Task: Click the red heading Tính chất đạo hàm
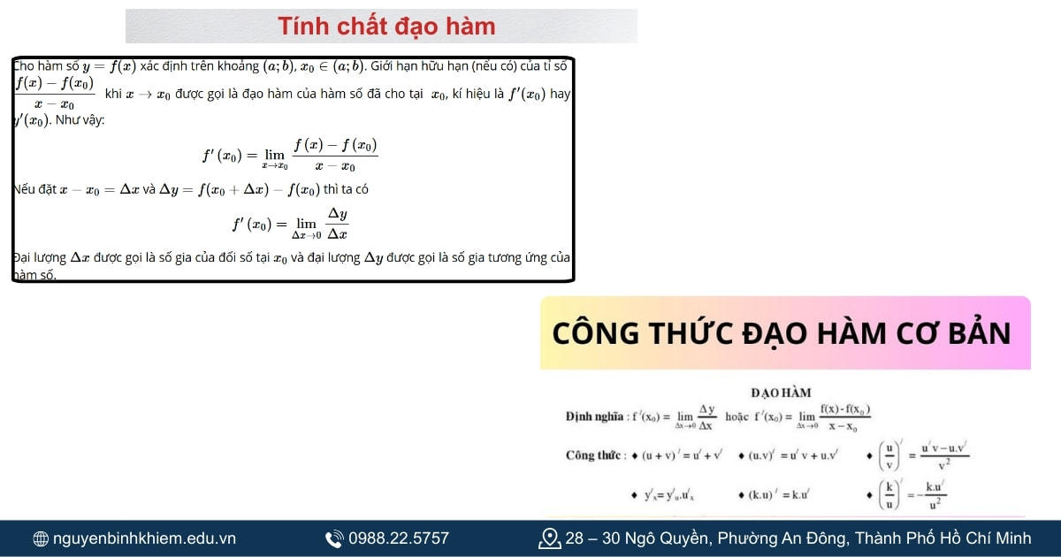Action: [x=386, y=27]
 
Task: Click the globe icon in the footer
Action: [x=41, y=538]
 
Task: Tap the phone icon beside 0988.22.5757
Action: [x=334, y=538]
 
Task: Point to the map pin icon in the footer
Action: [x=549, y=538]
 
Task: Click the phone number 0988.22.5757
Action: [x=399, y=538]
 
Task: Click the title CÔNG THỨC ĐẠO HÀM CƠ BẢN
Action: [x=782, y=333]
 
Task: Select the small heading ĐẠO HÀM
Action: [x=781, y=393]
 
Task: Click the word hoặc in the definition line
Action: [x=737, y=416]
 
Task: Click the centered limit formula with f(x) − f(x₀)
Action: [x=291, y=154]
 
